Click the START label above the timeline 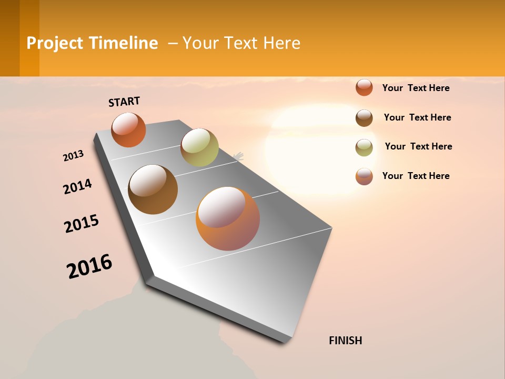click(124, 101)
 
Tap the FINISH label click(345, 341)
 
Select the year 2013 click(73, 155)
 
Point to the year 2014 click(77, 186)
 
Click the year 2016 click(89, 266)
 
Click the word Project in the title click(55, 43)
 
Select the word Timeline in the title click(124, 43)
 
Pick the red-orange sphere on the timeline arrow click(128, 129)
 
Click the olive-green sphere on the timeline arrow click(199, 147)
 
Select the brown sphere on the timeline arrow click(153, 189)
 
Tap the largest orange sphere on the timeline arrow click(228, 218)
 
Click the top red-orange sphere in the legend click(364, 87)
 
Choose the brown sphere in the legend click(364, 118)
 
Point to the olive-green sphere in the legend click(364, 147)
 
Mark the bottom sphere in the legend click(364, 176)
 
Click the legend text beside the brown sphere click(417, 117)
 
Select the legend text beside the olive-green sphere click(418, 146)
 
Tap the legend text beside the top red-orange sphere click(416, 88)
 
